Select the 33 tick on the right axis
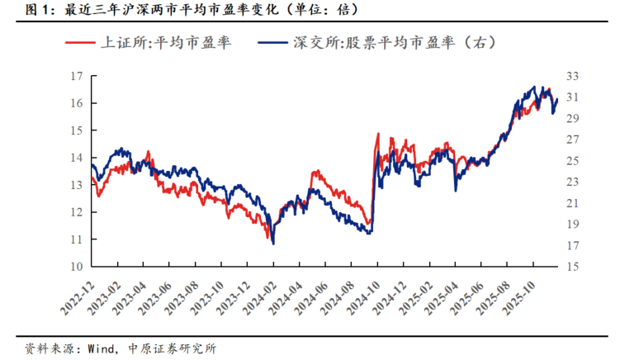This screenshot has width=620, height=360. (x=571, y=76)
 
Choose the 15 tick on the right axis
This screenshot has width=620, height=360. (x=571, y=267)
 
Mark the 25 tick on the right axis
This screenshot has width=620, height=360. (x=571, y=161)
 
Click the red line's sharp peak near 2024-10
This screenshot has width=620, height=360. (x=378, y=133)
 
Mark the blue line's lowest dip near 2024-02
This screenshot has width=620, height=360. (x=273, y=243)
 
